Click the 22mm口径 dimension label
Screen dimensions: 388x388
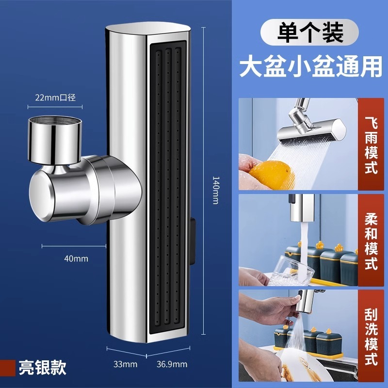pos(55,97)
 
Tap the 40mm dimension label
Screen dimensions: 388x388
pos(76,259)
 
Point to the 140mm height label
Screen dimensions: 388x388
pos(216,190)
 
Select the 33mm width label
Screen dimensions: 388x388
pos(125,364)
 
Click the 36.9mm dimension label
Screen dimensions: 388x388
pos(172,364)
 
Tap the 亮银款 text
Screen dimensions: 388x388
pos(43,368)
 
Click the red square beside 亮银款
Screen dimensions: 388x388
pos(8,368)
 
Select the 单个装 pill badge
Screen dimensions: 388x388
pos(309,32)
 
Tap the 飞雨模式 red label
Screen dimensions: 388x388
pos(371,144)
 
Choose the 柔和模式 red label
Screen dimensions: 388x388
pos(371,240)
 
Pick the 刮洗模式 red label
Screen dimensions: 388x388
pos(371,336)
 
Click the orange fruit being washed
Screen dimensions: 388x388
pos(272,174)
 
